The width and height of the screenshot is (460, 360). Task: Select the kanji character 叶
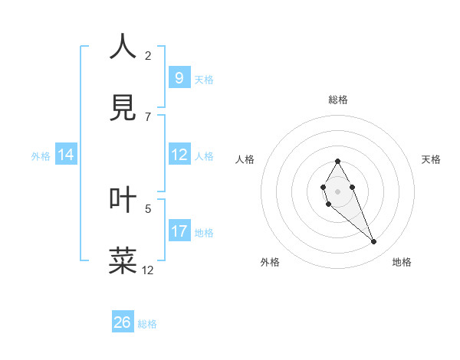pyautogui.click(x=123, y=199)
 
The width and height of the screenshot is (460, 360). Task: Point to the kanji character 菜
pyautogui.click(x=123, y=260)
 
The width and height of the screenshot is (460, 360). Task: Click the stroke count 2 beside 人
pyautogui.click(x=148, y=55)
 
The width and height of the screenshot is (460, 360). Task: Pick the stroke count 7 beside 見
pyautogui.click(x=148, y=116)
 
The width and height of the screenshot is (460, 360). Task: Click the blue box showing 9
pyautogui.click(x=179, y=78)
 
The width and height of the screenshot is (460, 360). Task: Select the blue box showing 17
pyautogui.click(x=179, y=231)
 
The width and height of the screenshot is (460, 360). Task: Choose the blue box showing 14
pyautogui.click(x=66, y=155)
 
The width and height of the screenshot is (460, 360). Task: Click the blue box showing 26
pyautogui.click(x=123, y=322)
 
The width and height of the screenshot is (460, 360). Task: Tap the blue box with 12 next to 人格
pyautogui.click(x=179, y=155)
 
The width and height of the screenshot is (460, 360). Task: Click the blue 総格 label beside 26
pyautogui.click(x=147, y=324)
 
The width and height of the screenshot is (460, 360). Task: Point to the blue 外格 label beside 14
pyautogui.click(x=41, y=156)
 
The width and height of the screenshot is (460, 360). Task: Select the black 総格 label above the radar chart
pyautogui.click(x=338, y=100)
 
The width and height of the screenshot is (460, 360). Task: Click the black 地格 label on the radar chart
pyautogui.click(x=402, y=262)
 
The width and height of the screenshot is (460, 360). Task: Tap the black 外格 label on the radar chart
pyautogui.click(x=270, y=262)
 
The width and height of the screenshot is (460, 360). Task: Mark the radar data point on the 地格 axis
pyautogui.click(x=374, y=242)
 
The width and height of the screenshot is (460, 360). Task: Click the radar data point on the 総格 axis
pyautogui.click(x=337, y=161)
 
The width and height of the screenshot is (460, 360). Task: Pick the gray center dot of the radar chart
pyautogui.click(x=337, y=190)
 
